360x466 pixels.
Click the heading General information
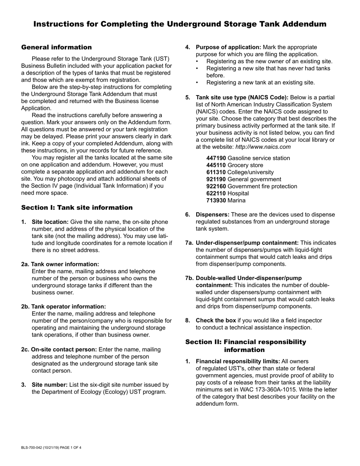pos(56,47)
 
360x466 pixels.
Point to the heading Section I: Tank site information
pos(77,208)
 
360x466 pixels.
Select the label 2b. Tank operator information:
pos(64,306)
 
